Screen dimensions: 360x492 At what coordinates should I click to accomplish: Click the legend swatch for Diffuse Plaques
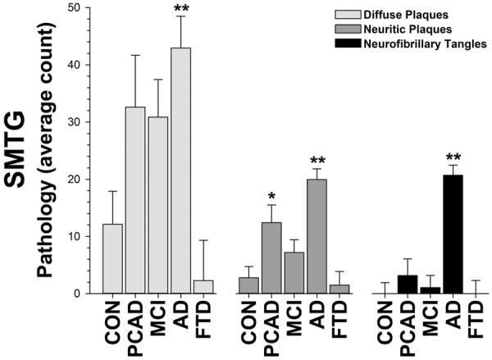[335, 14]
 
